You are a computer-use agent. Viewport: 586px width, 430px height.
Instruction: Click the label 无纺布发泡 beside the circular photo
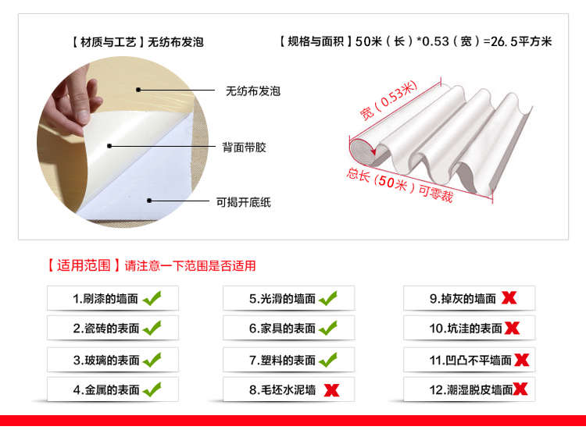point(253,91)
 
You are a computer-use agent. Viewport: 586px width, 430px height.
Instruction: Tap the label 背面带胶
point(244,147)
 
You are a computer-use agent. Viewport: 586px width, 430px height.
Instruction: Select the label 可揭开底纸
point(243,202)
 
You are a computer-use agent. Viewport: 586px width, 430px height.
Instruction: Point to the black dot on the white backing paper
point(149,201)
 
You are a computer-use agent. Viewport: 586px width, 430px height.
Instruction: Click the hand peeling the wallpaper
point(71,103)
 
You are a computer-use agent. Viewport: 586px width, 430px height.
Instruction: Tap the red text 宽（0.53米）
point(388,100)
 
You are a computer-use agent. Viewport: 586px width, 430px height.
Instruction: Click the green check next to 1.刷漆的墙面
point(152,298)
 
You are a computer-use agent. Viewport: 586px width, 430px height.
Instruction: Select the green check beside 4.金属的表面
point(152,389)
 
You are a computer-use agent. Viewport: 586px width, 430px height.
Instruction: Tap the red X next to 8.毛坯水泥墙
point(331,390)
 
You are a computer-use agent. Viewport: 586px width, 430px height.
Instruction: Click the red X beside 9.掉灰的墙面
point(509,298)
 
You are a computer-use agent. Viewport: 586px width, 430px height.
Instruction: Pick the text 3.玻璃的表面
point(106,361)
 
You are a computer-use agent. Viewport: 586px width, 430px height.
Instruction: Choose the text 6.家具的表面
point(283,329)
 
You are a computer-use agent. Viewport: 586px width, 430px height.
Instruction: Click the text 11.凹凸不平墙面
point(470,361)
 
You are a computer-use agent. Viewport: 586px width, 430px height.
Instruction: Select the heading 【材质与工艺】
point(108,42)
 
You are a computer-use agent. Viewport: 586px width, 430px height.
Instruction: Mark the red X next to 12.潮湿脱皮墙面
point(520,389)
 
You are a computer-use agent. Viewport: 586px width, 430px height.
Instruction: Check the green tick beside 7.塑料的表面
point(328,360)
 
